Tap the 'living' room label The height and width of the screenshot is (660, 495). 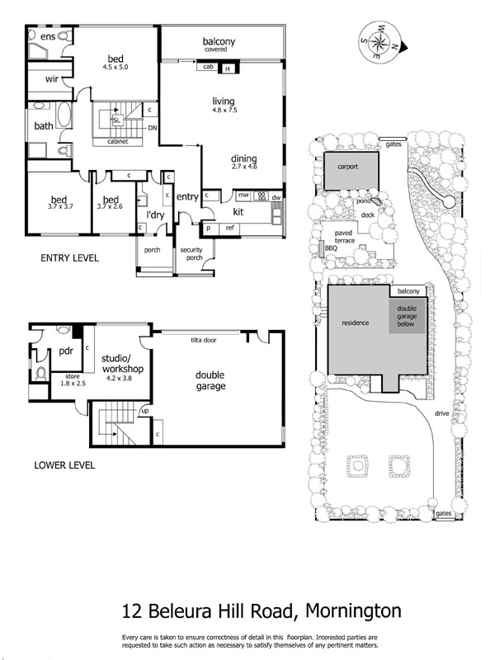[224, 101]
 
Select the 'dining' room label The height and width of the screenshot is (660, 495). [244, 159]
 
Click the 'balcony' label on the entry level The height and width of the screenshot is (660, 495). [219, 41]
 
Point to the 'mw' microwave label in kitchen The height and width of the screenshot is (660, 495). [243, 196]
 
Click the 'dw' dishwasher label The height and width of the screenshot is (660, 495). [277, 197]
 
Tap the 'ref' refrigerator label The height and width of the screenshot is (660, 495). [230, 227]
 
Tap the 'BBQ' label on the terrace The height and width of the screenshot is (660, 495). [331, 247]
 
